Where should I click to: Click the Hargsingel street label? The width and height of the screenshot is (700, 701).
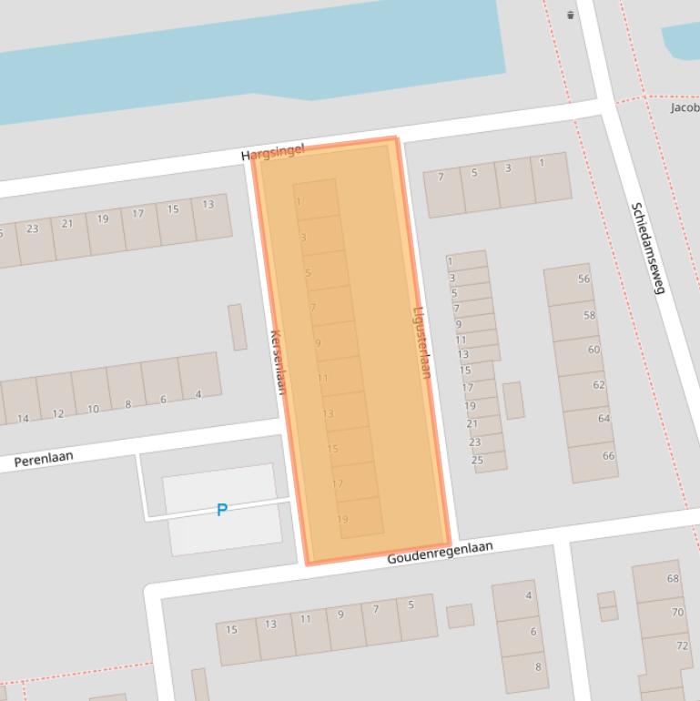[x=272, y=152]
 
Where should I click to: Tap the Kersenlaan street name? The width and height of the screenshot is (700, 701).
[x=278, y=361]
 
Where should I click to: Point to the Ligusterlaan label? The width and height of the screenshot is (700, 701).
[x=422, y=341]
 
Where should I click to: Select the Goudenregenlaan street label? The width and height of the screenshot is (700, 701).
[x=440, y=552]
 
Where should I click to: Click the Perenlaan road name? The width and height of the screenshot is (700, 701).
[x=44, y=460]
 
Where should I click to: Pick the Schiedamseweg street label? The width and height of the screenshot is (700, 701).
[x=648, y=248]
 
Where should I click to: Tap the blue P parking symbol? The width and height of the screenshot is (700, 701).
[x=221, y=510]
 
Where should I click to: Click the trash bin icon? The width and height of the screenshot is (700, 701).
[x=571, y=15]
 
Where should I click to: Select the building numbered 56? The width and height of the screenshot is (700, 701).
[x=583, y=279]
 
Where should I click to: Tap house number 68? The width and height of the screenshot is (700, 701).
[x=673, y=578]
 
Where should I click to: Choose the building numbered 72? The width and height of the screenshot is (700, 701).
[x=682, y=645]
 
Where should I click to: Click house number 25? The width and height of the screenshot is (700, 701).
[x=477, y=461]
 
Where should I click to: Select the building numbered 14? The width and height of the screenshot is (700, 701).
[x=23, y=419]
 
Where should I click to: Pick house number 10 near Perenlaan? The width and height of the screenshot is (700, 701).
[x=93, y=410]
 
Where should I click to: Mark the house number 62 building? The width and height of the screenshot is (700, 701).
[x=598, y=385]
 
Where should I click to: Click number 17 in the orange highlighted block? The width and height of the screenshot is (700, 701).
[x=338, y=483]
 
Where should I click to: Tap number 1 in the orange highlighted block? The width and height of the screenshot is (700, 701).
[x=299, y=202]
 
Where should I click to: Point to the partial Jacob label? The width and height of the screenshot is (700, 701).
[x=685, y=107]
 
